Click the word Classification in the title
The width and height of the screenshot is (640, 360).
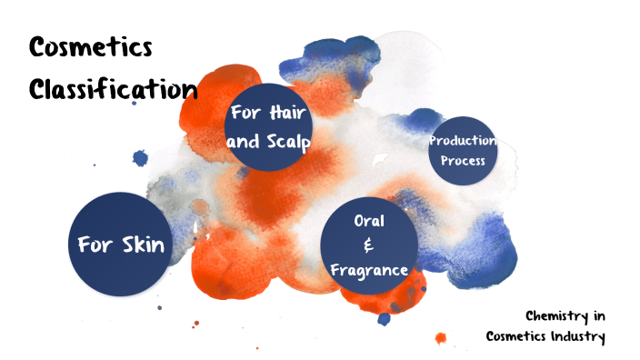113,89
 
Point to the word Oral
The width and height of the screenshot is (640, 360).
369,220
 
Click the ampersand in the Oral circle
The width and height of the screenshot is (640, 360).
368,245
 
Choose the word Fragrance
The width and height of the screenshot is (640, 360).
369,270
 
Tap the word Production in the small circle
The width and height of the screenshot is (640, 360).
463,141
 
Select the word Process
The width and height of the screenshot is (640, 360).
463,162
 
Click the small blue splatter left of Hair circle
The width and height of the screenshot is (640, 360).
140,158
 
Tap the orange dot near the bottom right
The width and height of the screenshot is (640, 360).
441,338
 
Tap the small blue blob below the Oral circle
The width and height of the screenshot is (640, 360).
385,318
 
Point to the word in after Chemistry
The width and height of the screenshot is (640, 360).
598,316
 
